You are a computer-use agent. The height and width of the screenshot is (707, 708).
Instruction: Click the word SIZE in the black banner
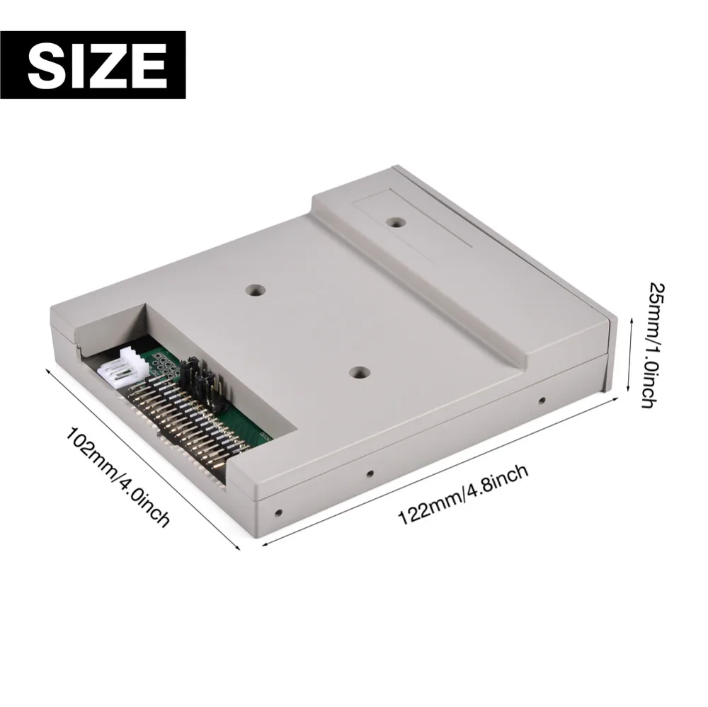point(97,65)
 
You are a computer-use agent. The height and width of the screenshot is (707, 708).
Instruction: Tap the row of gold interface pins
point(188,425)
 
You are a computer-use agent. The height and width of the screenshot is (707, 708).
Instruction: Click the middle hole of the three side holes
point(368,473)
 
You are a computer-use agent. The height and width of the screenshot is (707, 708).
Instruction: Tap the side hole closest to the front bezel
point(542,400)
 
